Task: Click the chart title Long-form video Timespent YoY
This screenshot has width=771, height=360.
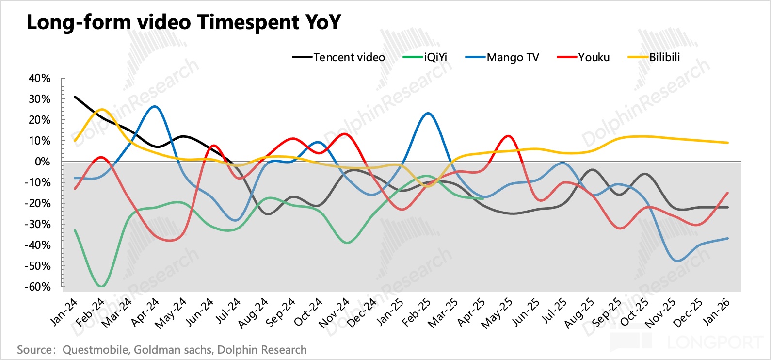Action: [184, 22]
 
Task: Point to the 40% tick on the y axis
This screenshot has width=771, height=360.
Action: [39, 78]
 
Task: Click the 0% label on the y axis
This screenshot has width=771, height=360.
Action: [42, 162]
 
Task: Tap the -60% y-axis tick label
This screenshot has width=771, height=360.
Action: [38, 287]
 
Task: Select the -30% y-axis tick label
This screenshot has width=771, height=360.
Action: [38, 224]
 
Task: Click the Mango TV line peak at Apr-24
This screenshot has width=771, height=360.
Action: [155, 106]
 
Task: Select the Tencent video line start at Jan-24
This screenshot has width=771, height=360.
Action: [75, 97]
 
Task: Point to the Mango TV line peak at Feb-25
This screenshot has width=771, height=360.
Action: [428, 113]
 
